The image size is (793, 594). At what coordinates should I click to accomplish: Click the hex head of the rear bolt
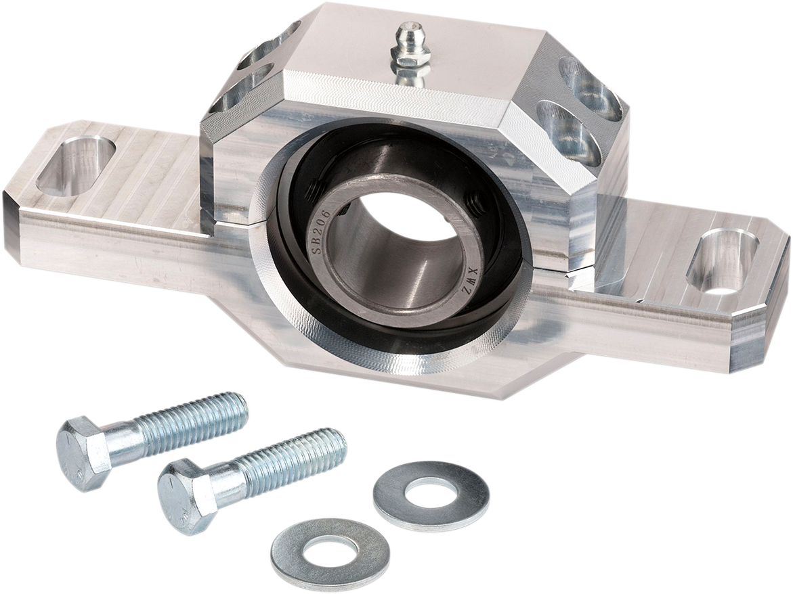[83, 453]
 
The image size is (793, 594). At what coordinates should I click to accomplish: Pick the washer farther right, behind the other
[431, 496]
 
